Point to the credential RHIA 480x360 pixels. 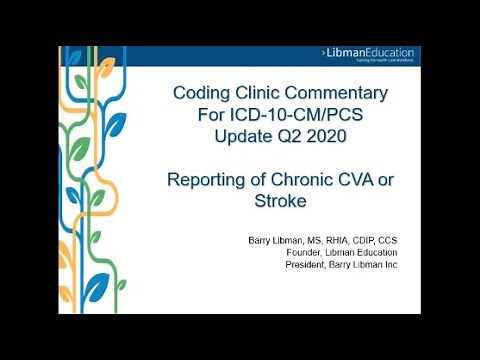350,241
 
